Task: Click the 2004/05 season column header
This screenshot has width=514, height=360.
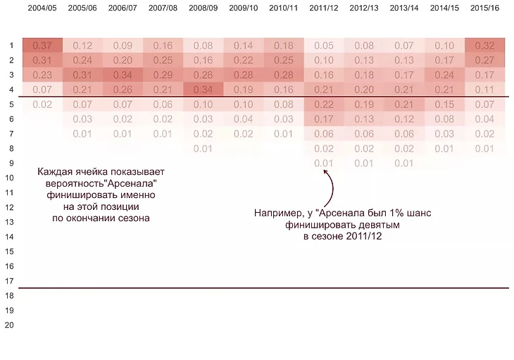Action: click(x=42, y=8)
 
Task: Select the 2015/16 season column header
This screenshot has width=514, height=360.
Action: click(x=484, y=8)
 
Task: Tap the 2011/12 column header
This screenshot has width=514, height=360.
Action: click(x=324, y=8)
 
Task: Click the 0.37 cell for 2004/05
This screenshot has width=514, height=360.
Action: click(x=42, y=46)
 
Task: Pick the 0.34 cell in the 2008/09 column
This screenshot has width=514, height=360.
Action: click(x=203, y=89)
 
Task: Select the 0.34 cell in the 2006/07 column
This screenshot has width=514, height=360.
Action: click(x=123, y=75)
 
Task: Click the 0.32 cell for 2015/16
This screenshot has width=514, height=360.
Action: click(x=484, y=46)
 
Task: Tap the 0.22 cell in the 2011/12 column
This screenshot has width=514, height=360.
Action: click(x=324, y=104)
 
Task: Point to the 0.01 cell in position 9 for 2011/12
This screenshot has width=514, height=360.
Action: click(x=324, y=163)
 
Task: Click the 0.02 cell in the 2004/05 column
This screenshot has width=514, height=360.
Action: click(x=42, y=104)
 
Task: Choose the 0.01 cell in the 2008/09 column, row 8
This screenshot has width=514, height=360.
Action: click(x=203, y=149)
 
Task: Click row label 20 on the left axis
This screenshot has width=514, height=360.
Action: click(x=9, y=325)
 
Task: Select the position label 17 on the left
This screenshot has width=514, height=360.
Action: click(x=9, y=280)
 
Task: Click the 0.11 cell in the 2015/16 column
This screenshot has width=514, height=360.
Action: click(x=484, y=89)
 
